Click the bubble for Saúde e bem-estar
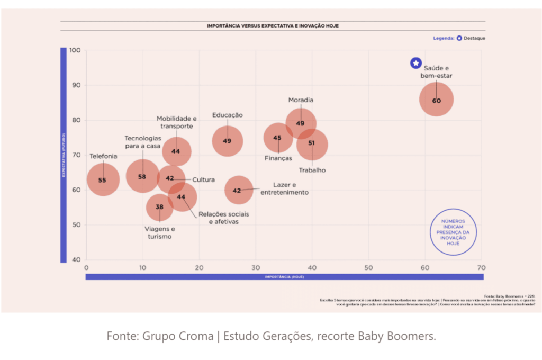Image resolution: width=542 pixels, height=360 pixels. click(436, 100)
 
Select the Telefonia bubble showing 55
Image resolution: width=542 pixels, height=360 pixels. click(102, 180)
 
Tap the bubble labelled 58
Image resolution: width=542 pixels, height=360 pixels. click(142, 176)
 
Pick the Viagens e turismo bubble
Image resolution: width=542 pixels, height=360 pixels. click(159, 207)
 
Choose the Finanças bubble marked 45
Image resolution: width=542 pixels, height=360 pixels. click(278, 138)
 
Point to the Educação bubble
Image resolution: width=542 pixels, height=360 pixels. click(227, 141)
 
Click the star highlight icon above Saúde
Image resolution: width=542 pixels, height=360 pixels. click(416, 64)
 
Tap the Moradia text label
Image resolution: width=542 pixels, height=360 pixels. click(301, 100)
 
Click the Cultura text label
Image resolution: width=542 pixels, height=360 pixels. click(203, 179)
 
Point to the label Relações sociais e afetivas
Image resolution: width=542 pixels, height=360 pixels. click(223, 218)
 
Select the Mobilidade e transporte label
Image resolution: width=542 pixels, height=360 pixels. click(176, 122)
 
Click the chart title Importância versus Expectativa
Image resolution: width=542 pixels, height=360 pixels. click(273, 25)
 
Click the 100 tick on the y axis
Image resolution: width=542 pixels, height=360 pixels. click(75, 51)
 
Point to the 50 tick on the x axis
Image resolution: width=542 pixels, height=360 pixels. click(368, 268)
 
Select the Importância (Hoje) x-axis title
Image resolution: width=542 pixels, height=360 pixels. click(284, 277)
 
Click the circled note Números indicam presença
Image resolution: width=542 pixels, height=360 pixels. click(453, 232)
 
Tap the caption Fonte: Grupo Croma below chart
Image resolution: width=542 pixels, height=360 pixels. click(271, 336)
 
